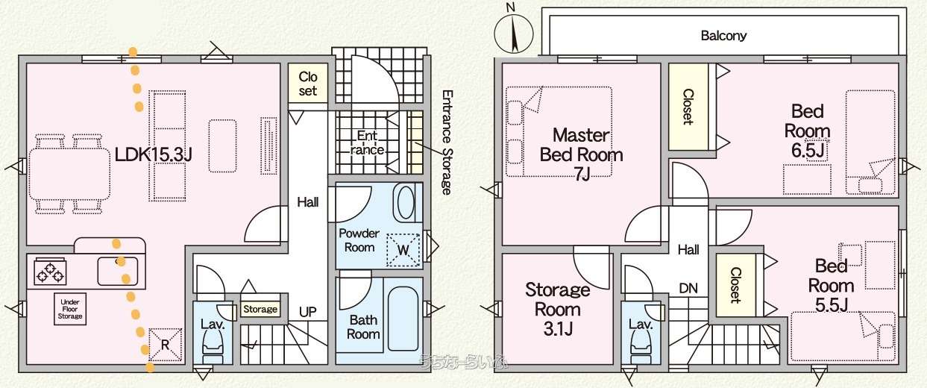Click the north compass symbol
(x=514, y=32)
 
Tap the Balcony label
(x=723, y=36)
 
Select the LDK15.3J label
(x=153, y=155)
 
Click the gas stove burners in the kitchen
(x=50, y=272)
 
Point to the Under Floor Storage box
(x=70, y=309)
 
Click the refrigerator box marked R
(x=165, y=345)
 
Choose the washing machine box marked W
(x=403, y=250)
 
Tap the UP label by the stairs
(x=307, y=312)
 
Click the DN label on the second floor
(x=688, y=288)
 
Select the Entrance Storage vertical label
(x=447, y=142)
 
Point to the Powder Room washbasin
(x=406, y=203)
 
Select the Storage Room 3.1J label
(x=557, y=309)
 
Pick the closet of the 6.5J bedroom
(x=688, y=107)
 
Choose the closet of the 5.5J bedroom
(x=735, y=285)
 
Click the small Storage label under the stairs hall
(x=260, y=309)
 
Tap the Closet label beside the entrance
(x=308, y=84)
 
